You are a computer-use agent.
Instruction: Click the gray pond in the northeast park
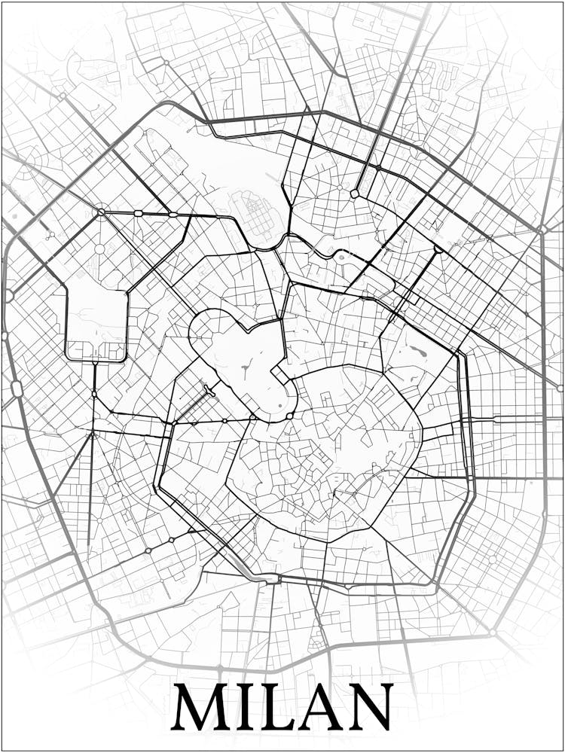417,351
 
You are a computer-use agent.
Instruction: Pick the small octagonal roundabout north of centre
354,194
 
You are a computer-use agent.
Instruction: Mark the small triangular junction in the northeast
438,248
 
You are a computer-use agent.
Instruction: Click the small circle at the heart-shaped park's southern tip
291,415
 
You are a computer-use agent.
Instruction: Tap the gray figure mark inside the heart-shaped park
246,369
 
